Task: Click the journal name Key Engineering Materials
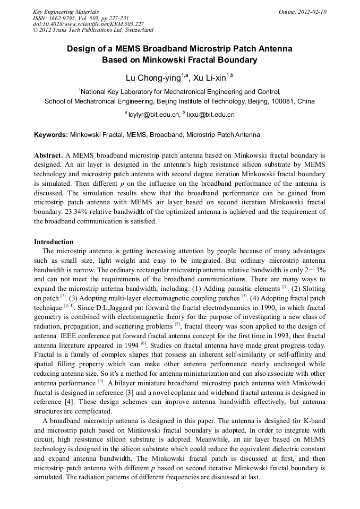(x=66, y=12)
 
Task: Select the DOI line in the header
(x=88, y=24)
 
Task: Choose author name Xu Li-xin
(x=210, y=77)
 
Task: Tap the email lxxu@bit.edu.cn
(x=210, y=114)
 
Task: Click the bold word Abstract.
(x=48, y=155)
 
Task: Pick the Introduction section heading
(x=54, y=241)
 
